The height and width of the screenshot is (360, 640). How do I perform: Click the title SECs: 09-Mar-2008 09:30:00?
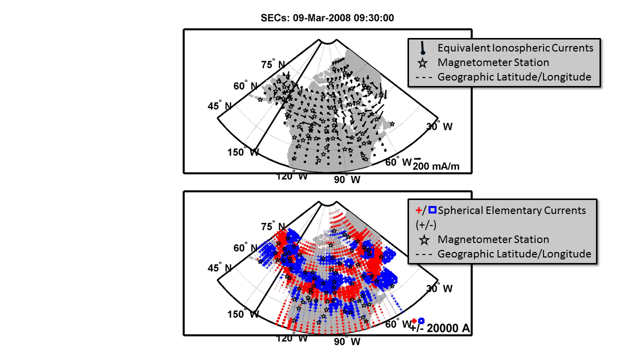coord(327,18)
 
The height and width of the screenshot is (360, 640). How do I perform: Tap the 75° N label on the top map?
coord(273,64)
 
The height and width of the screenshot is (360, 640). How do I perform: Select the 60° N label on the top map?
coord(246,86)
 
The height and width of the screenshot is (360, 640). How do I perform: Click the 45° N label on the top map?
coord(220,105)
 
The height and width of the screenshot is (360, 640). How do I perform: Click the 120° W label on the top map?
coord(292,175)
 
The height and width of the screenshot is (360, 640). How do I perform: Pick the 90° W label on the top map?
coord(347,179)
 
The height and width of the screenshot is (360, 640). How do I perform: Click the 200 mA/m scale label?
coord(435,166)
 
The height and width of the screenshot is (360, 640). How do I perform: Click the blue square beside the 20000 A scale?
coord(421,321)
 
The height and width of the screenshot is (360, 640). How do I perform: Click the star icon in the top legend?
coord(423,63)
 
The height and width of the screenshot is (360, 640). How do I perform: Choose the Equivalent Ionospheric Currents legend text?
coord(515,48)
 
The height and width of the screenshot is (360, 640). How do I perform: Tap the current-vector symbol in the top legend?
coord(423,47)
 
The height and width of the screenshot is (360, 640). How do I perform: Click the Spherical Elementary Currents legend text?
coord(511,210)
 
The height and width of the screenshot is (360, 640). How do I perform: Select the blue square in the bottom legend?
coord(432,210)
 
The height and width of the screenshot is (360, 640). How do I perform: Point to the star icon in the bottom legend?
coord(424,239)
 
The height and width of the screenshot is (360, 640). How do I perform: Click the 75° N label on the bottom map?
coord(273,226)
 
